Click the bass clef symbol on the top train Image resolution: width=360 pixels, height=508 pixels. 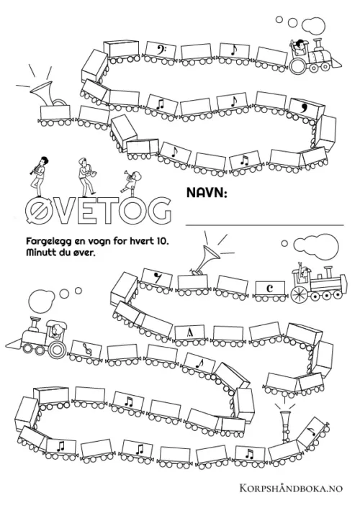pos(160,49)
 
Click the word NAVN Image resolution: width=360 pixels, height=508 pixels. pos(206,193)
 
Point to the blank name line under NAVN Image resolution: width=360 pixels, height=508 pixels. pos(264,224)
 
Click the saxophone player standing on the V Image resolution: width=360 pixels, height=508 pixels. pos(85,177)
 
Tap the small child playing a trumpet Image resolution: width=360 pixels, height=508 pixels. pos(131,181)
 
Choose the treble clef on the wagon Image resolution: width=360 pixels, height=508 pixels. pos(87,349)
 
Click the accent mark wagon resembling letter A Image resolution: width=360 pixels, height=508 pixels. pos(190,333)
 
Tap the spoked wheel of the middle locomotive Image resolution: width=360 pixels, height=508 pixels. pos(300,294)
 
